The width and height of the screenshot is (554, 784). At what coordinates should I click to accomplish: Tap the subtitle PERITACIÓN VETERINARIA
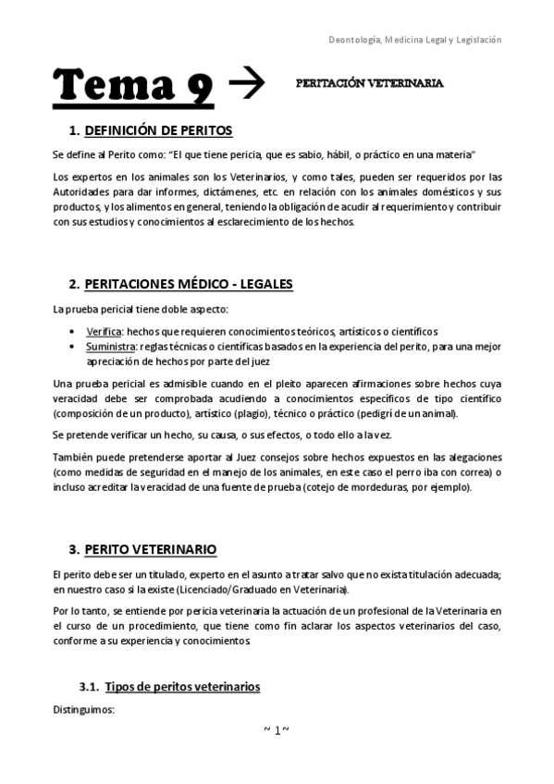(369, 82)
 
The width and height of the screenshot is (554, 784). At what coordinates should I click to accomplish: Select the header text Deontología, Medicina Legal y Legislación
(416, 41)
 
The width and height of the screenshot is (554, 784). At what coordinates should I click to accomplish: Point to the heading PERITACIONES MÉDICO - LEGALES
(188, 284)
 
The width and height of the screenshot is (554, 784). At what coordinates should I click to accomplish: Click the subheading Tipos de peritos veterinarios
(182, 687)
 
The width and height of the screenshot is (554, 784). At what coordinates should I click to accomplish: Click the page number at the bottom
(277, 730)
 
